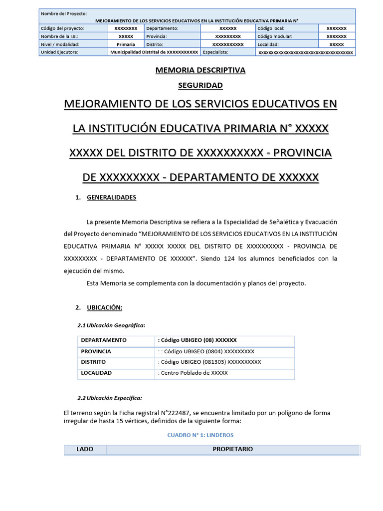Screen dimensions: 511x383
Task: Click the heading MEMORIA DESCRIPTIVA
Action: tap(200, 70)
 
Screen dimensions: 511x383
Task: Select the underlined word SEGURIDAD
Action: tap(200, 85)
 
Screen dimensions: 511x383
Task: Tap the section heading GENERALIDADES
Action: tap(111, 198)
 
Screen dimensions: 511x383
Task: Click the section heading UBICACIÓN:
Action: tap(104, 307)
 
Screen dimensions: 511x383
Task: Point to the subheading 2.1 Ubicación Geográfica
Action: tap(111, 325)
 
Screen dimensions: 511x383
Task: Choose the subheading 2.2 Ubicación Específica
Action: tap(110, 398)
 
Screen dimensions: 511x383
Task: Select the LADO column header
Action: tap(85, 449)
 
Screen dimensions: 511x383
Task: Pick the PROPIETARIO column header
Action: tap(232, 449)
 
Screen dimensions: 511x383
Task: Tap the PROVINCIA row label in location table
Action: tap(96, 351)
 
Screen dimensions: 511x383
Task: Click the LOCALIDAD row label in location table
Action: tap(96, 373)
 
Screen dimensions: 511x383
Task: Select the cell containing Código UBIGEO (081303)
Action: tap(209, 362)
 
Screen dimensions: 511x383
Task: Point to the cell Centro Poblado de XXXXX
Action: tap(193, 373)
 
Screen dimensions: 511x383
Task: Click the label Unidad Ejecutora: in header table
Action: tap(59, 52)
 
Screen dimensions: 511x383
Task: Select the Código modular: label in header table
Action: tap(275, 36)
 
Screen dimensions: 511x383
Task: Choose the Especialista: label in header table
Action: tap(215, 52)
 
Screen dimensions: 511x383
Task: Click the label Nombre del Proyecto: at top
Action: tap(64, 13)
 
